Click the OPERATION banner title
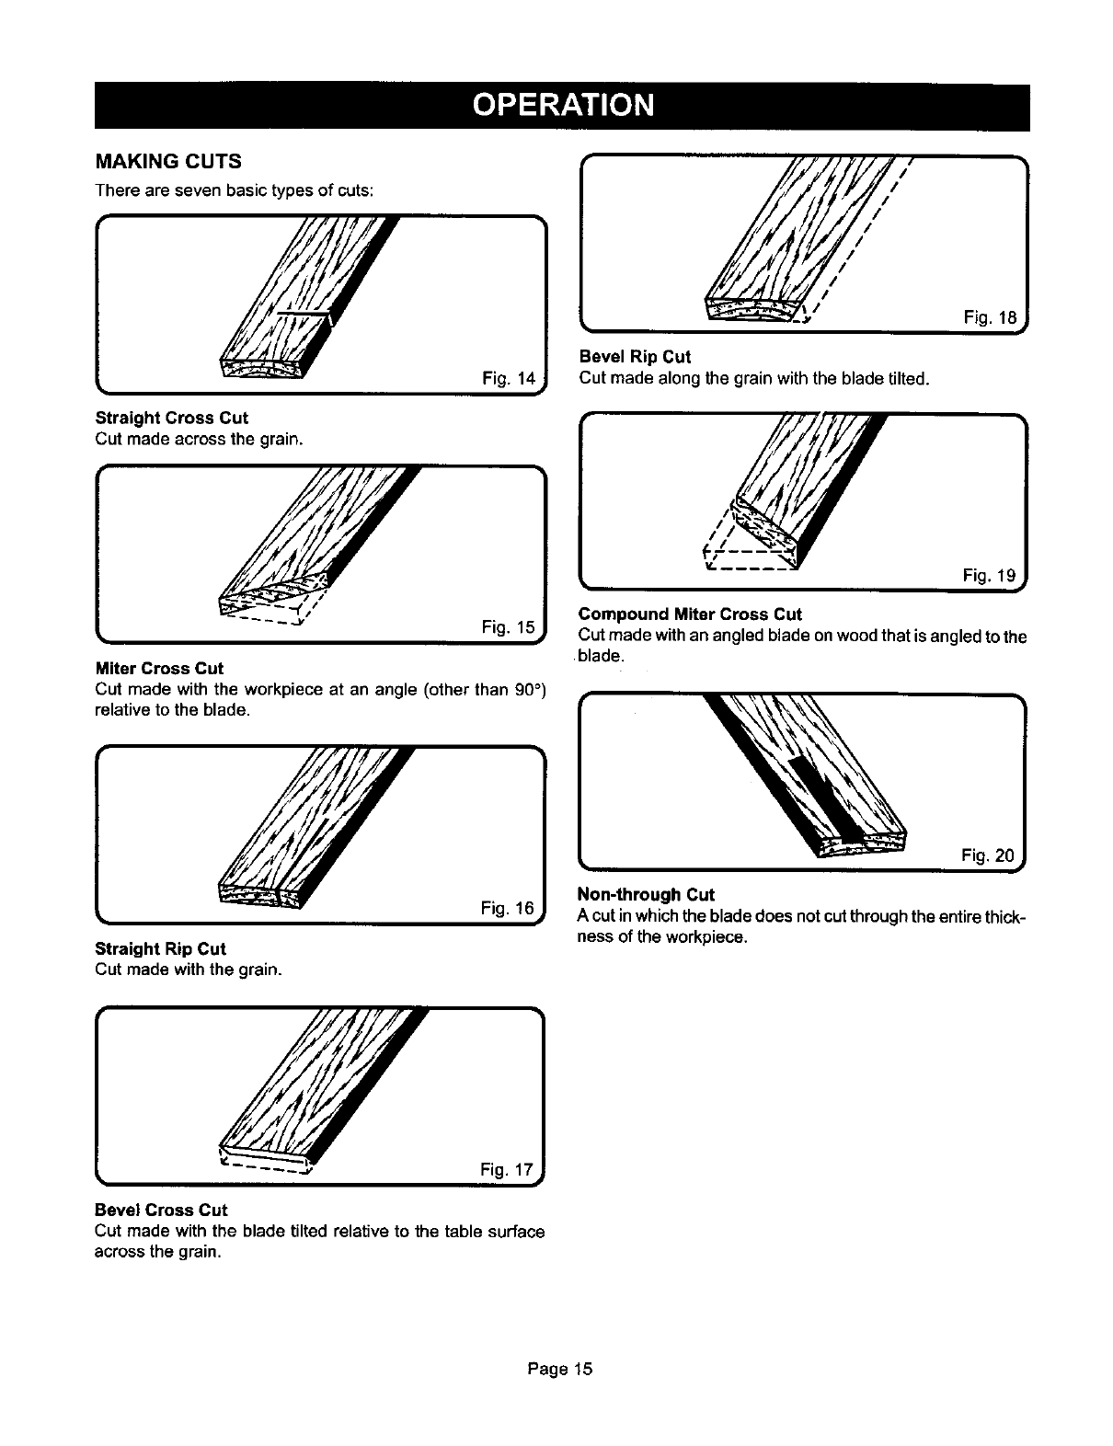(562, 105)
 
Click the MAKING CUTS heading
(168, 162)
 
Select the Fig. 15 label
(508, 627)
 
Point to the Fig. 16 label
(508, 909)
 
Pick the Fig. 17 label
(507, 1170)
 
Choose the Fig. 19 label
(990, 576)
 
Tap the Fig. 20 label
(988, 857)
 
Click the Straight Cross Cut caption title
(172, 418)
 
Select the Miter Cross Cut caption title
(159, 669)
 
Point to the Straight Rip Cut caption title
(161, 948)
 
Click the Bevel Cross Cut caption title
(161, 1210)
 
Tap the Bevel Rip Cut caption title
(635, 357)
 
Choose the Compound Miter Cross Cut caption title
(690, 614)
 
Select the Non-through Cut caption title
(646, 895)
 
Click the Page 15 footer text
(560, 1369)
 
